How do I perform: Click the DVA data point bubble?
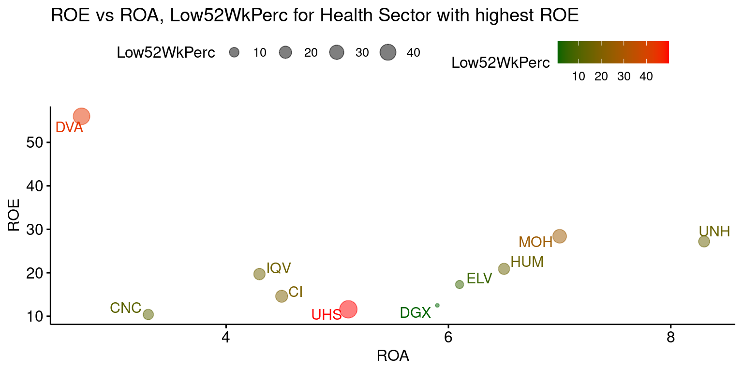(x=82, y=116)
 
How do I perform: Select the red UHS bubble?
(x=348, y=309)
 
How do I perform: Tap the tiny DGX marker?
(x=437, y=305)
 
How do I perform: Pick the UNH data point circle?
(x=704, y=241)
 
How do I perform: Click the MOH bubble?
(x=560, y=236)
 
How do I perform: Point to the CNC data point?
(x=148, y=314)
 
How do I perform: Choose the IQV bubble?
(x=259, y=274)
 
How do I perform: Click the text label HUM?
(x=527, y=262)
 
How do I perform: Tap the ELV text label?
(x=479, y=279)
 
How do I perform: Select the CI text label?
(x=296, y=293)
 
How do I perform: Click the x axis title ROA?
(x=393, y=356)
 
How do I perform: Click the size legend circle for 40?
(x=388, y=52)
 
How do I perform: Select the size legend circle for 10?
(x=235, y=52)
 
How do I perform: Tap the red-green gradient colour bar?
(x=613, y=52)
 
